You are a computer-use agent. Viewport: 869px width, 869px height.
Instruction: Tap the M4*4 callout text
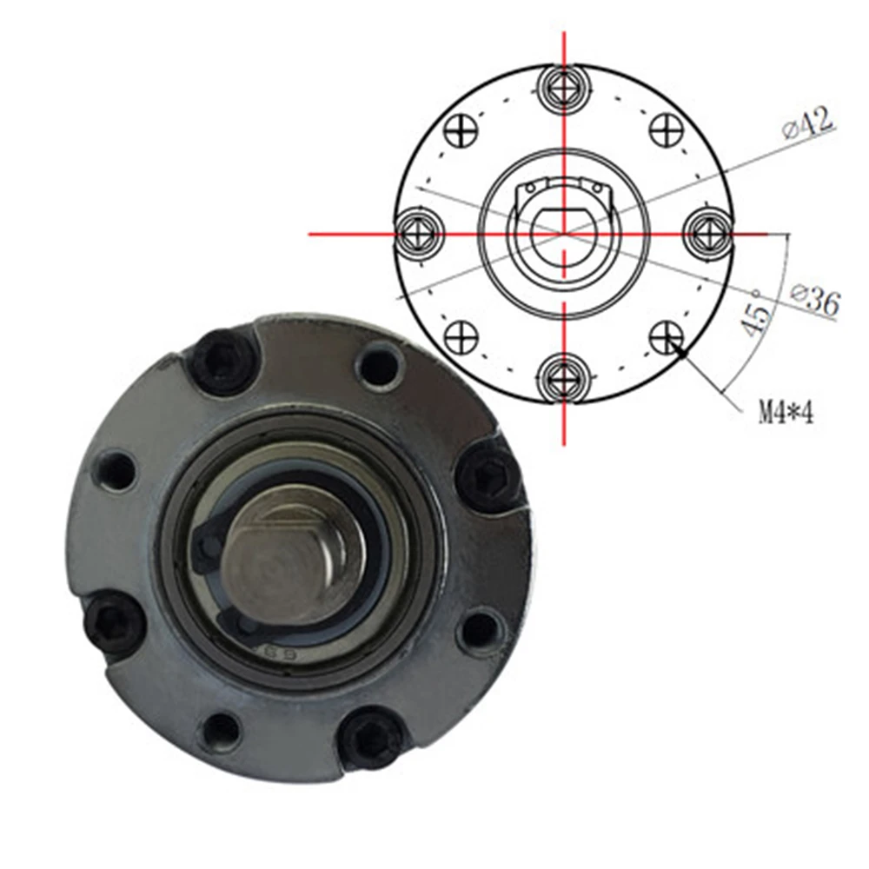[x=786, y=412]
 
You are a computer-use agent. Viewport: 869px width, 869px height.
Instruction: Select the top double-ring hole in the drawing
[x=564, y=87]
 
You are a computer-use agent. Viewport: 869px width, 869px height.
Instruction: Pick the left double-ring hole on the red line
[x=420, y=234]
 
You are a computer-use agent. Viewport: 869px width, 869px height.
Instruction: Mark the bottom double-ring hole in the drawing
[x=564, y=378]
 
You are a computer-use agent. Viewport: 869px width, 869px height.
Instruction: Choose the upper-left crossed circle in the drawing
[x=461, y=131]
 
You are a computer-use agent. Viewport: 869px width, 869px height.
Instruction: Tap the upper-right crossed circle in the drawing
[x=667, y=131]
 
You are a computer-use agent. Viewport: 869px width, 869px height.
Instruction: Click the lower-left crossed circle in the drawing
[x=461, y=335]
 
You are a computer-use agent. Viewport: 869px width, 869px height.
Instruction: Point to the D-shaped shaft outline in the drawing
[x=564, y=230]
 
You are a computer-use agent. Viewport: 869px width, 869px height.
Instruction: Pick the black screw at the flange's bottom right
[x=372, y=737]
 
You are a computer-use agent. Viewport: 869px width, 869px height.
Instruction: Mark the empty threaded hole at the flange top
[x=378, y=366]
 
